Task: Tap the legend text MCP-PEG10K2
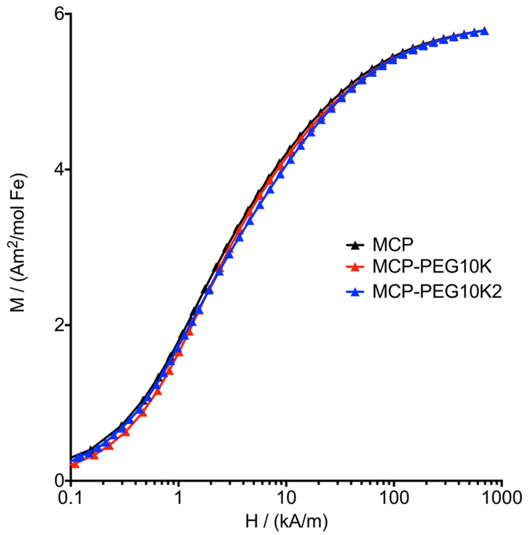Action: (437, 292)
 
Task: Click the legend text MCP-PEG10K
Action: (432, 267)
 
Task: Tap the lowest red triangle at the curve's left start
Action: (75, 464)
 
